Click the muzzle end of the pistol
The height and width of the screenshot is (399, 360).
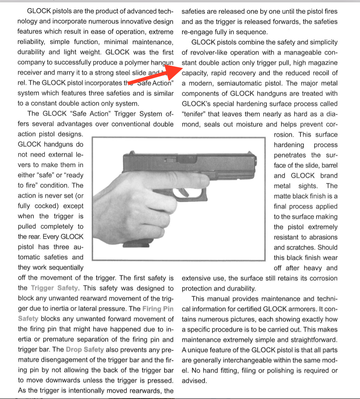tap(255, 165)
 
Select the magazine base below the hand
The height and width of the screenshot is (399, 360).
tap(135, 244)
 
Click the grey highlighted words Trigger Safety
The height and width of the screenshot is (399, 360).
tap(55, 288)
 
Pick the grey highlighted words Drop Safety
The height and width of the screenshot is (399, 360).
tap(85, 350)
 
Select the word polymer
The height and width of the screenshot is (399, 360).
tap(137, 63)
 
